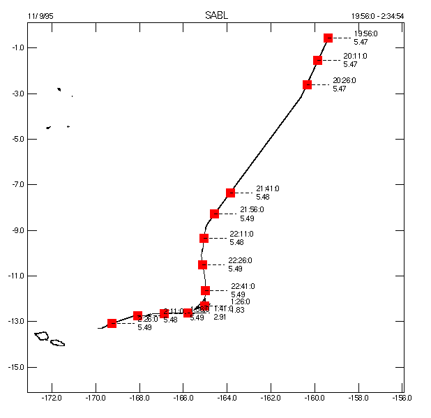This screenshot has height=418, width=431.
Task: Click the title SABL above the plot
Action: (x=215, y=15)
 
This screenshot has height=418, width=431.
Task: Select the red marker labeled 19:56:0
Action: (x=328, y=38)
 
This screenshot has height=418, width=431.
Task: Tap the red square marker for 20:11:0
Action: (x=318, y=61)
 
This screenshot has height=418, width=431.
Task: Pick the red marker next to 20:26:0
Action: (x=308, y=85)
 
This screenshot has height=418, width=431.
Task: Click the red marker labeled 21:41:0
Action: (x=231, y=193)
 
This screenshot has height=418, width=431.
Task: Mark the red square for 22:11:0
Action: (x=204, y=239)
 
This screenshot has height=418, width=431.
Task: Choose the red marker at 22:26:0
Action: (x=202, y=265)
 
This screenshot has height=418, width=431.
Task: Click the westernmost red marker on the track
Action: (x=112, y=323)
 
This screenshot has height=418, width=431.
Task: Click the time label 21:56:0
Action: (x=252, y=209)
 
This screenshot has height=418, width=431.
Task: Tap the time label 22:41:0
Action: (x=243, y=286)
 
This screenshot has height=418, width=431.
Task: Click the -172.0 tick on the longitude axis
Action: (x=52, y=398)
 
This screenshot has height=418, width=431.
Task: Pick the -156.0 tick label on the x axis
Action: (x=402, y=398)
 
